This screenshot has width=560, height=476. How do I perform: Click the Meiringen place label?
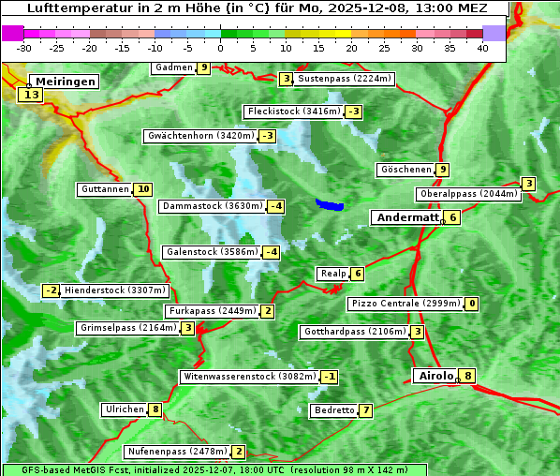point(63,82)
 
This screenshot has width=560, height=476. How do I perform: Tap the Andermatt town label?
point(408,217)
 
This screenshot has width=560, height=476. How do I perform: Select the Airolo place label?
point(435,376)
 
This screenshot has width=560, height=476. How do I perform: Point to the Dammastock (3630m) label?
point(213,206)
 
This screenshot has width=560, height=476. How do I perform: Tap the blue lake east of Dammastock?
point(330,204)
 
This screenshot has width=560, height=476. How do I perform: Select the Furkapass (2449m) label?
point(212,311)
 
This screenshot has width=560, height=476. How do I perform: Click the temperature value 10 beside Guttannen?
point(143,189)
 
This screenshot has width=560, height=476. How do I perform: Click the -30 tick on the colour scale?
point(24,47)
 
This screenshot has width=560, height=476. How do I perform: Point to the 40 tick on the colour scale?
point(482,47)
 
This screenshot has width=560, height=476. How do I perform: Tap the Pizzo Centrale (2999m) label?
point(405,304)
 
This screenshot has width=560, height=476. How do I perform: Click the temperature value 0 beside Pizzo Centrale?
point(472,304)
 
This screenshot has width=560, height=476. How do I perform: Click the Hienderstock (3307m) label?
point(115,290)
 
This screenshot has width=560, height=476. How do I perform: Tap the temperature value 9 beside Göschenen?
point(443,170)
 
